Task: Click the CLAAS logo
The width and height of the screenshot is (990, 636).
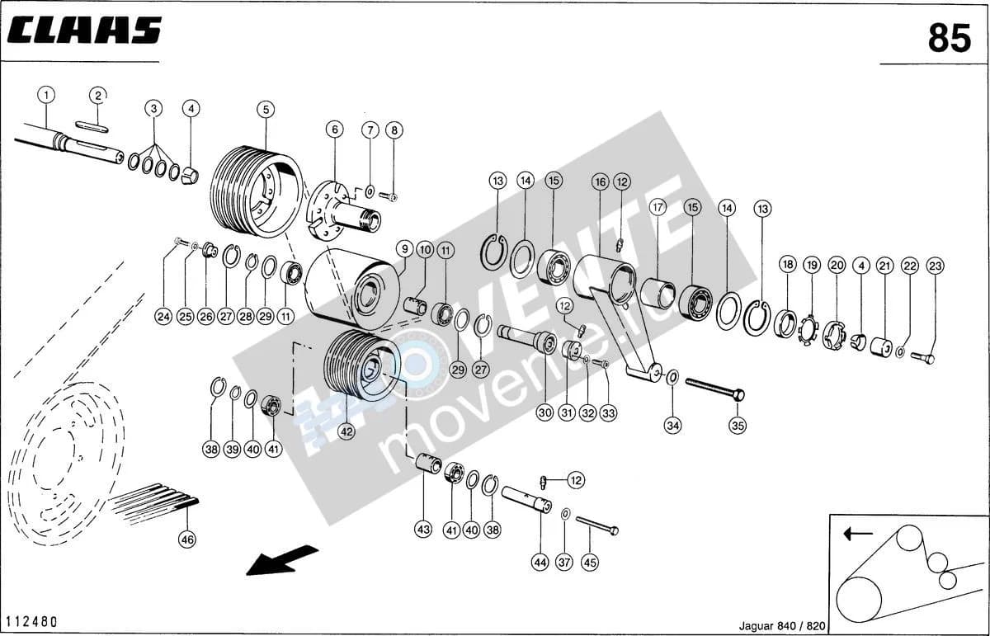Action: pyautogui.click(x=84, y=31)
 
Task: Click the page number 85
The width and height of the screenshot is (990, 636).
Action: pyautogui.click(x=950, y=38)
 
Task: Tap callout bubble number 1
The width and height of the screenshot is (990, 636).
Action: pyautogui.click(x=46, y=95)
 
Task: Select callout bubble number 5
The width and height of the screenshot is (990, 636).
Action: pyautogui.click(x=266, y=110)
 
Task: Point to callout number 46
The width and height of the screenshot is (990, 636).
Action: pyautogui.click(x=188, y=539)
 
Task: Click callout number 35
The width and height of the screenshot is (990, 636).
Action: pyautogui.click(x=738, y=426)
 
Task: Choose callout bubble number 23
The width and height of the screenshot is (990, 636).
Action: pyautogui.click(x=936, y=266)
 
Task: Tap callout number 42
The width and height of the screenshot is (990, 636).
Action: pyautogui.click(x=346, y=431)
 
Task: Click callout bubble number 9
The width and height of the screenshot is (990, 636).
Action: pyautogui.click(x=405, y=249)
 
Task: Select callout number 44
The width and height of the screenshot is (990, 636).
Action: pyautogui.click(x=540, y=563)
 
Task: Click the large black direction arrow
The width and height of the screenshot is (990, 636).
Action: pyautogui.click(x=282, y=560)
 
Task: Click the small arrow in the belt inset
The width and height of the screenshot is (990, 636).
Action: pyautogui.click(x=858, y=534)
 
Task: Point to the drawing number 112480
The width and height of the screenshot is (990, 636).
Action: pyautogui.click(x=32, y=622)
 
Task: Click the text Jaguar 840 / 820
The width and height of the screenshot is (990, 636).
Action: pyautogui.click(x=782, y=626)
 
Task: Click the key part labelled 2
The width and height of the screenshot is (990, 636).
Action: pyautogui.click(x=91, y=126)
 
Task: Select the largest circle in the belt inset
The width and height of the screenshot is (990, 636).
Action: pyautogui.click(x=859, y=601)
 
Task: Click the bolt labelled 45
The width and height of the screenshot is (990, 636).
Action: pyautogui.click(x=597, y=525)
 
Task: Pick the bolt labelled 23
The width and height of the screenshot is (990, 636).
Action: pyautogui.click(x=922, y=356)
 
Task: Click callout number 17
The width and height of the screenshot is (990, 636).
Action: pyautogui.click(x=658, y=207)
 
